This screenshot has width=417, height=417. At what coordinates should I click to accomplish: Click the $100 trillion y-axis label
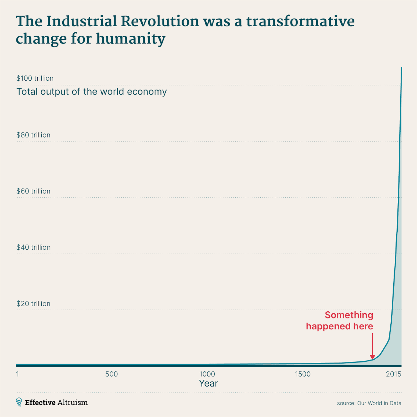tap(35, 78)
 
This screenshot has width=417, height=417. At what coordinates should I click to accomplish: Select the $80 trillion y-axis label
tap(33, 135)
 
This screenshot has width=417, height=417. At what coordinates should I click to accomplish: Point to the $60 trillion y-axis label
tap(33, 191)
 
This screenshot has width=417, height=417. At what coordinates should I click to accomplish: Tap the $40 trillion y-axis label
tap(33, 248)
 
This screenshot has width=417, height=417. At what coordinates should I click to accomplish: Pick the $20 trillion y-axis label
tap(33, 304)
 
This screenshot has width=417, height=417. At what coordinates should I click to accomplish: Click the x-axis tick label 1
tap(18, 374)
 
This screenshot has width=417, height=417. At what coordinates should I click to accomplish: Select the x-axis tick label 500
tap(111, 374)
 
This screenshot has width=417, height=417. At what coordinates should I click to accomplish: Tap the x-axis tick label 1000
tap(207, 374)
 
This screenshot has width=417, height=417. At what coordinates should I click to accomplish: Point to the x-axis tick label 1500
tap(303, 374)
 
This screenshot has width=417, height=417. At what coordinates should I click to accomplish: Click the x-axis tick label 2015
tap(394, 374)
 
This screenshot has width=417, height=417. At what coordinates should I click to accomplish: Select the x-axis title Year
tap(208, 383)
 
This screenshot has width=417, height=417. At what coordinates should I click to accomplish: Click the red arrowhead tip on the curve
tap(372, 359)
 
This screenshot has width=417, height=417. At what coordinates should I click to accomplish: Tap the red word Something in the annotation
tap(349, 315)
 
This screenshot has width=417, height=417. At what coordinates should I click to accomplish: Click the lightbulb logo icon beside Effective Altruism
tap(19, 402)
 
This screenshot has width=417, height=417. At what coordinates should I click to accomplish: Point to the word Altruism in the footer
tap(72, 403)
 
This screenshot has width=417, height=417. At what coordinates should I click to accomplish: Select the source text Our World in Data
tap(379, 403)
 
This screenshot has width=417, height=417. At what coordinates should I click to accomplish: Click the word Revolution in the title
tap(160, 22)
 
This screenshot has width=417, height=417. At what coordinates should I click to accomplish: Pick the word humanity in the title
tap(130, 39)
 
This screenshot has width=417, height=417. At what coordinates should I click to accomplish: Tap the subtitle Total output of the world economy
tap(91, 92)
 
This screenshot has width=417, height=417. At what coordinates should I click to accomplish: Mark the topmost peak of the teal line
tap(401, 68)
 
